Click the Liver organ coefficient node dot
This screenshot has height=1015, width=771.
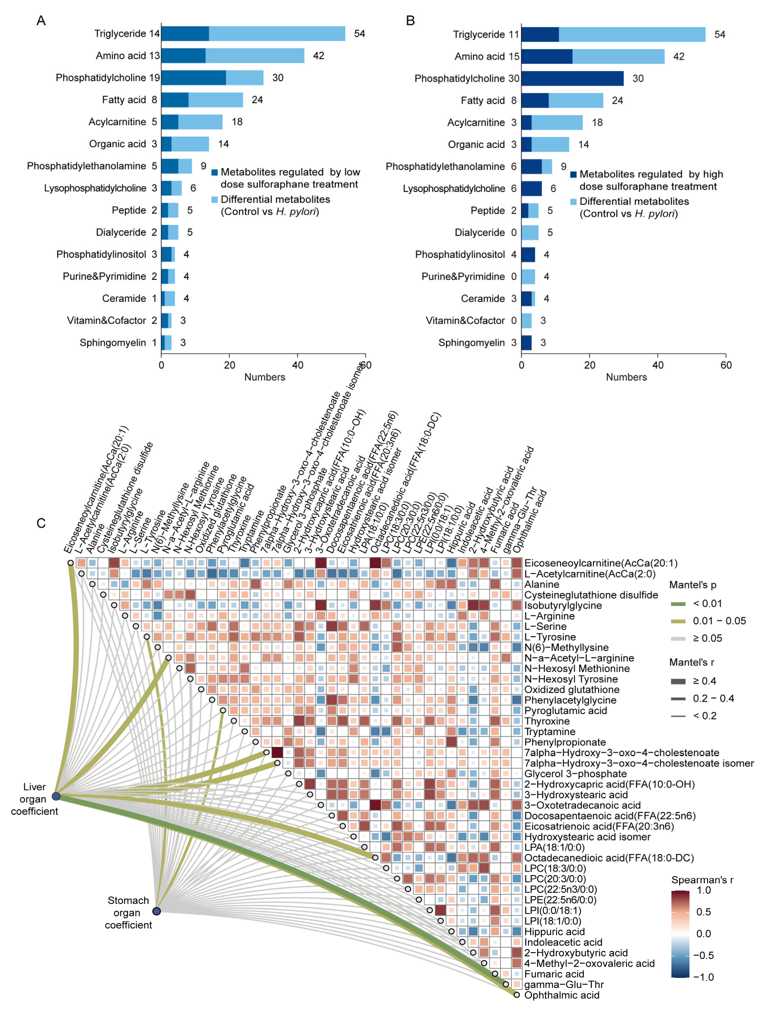click(56, 796)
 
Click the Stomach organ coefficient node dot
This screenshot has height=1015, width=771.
click(156, 911)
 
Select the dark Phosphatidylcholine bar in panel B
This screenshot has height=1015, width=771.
click(572, 78)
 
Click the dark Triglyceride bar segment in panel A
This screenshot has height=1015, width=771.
click(185, 33)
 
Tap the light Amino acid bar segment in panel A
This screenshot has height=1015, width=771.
click(255, 56)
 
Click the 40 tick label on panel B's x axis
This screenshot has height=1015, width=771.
click(658, 365)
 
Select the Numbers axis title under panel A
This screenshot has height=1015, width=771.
click(264, 377)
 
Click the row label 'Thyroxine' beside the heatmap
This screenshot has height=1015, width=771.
click(547, 721)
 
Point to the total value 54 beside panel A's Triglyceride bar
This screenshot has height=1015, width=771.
click(359, 33)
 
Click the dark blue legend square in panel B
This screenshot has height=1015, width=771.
click(573, 175)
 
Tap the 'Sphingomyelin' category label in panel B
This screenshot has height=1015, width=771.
click(471, 343)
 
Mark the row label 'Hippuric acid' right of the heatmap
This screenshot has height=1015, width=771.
click(554, 931)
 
